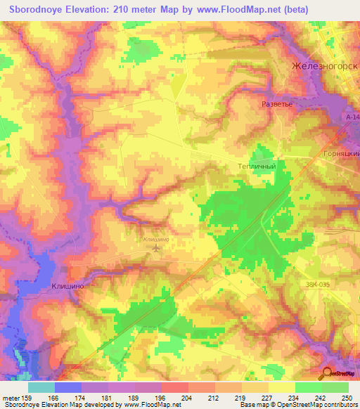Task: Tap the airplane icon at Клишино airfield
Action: [x=155, y=247]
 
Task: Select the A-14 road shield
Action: [x=352, y=117]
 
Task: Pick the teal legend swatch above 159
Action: [x=41, y=387]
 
